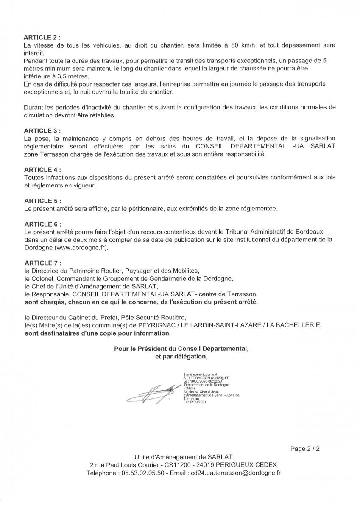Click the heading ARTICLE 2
[42, 37]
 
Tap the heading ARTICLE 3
[42, 131]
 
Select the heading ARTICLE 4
[42, 170]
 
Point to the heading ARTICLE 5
[42, 201]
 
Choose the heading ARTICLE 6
[42, 224]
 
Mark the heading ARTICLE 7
[42, 263]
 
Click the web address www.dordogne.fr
[81, 247]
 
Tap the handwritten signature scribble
[151, 394]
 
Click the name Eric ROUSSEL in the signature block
[195, 402]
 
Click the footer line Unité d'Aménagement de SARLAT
[183, 457]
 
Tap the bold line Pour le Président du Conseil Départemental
[181, 349]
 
